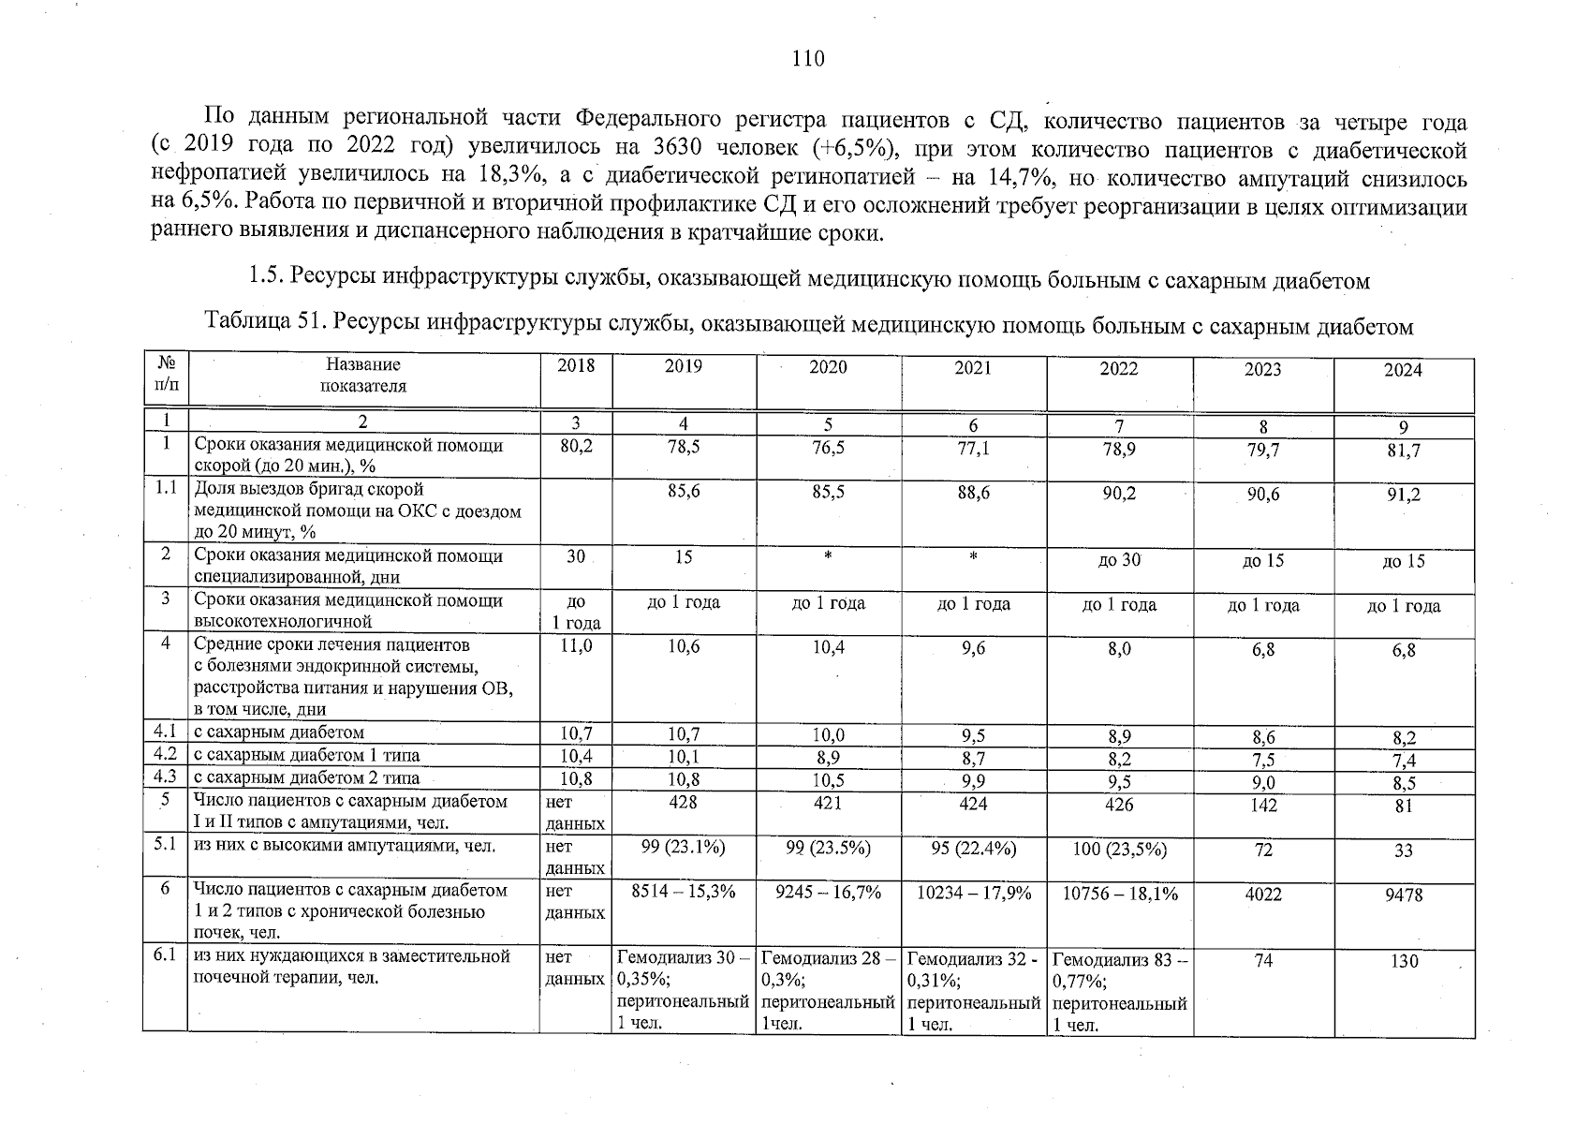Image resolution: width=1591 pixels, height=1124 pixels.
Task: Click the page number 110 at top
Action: coord(808,60)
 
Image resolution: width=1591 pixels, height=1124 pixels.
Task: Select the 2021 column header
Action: coord(973,368)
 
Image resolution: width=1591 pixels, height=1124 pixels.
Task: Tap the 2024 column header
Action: coord(1403,371)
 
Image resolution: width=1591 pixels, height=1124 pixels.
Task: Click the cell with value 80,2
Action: coord(576,448)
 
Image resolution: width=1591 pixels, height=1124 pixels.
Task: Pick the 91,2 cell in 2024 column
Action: coord(1404,495)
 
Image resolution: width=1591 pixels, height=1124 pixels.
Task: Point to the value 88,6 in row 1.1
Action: coord(973,492)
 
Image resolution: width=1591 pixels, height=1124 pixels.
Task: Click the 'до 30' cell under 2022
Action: coord(1118,560)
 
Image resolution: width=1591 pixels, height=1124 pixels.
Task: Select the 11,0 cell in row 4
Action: coord(576,646)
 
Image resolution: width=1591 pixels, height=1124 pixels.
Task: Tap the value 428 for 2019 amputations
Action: coord(684,803)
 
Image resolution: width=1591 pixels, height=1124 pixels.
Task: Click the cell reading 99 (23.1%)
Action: coord(684,848)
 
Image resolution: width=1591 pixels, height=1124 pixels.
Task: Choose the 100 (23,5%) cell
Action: coord(1119,850)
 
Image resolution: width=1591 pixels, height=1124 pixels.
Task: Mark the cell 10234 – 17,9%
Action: coord(974,894)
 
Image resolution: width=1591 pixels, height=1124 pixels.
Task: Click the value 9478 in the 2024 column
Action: coord(1404,895)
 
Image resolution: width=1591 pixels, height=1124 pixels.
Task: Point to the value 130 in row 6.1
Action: coord(1404,961)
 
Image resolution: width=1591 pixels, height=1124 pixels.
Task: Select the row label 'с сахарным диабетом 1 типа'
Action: coord(306,755)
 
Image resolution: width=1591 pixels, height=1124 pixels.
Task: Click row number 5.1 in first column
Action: coord(166,845)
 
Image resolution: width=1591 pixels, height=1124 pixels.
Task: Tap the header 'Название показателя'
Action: coord(362,375)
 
